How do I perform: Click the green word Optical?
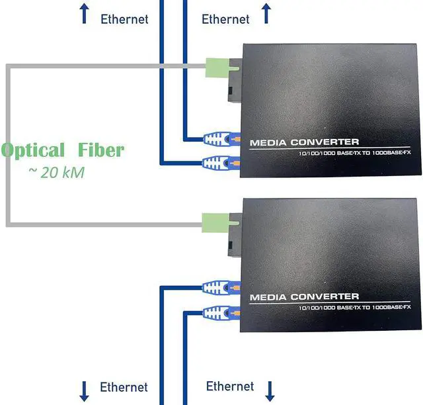(34, 151)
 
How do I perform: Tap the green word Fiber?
(100, 150)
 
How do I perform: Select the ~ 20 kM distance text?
(56, 172)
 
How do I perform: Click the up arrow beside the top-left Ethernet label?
(85, 13)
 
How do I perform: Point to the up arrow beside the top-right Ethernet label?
(266, 13)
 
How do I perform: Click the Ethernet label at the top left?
(124, 19)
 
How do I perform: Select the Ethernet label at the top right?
(225, 19)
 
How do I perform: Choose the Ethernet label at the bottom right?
(230, 386)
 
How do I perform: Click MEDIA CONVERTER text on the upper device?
(304, 142)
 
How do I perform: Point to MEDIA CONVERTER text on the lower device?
(304, 296)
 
